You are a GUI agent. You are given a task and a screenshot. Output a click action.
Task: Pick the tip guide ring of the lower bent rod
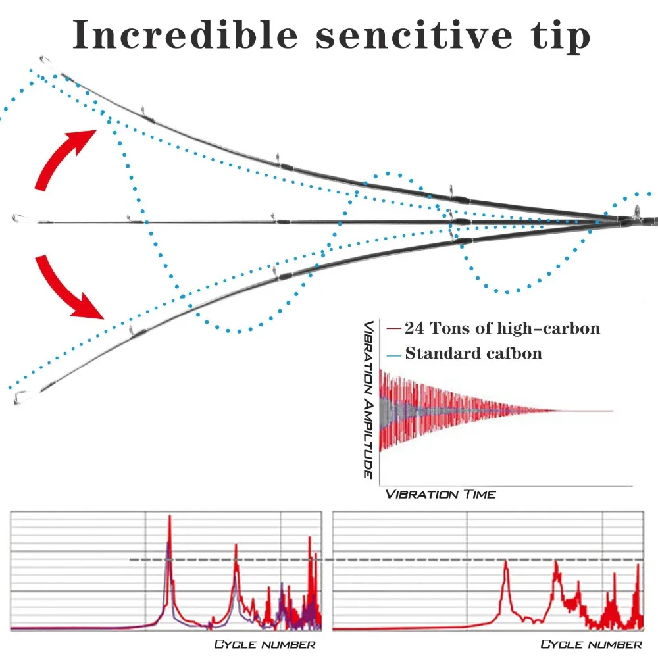[x=21, y=397]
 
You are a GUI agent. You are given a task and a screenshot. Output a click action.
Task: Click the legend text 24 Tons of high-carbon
[x=502, y=328]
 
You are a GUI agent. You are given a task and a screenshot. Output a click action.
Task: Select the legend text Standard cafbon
[x=473, y=354]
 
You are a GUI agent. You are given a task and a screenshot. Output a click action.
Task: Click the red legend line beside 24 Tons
[x=394, y=328]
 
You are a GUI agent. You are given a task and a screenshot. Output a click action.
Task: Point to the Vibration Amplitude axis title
[x=370, y=399]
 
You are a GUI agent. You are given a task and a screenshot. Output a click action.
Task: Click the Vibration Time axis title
[x=440, y=493]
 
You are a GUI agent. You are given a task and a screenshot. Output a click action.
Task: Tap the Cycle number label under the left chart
[x=265, y=644]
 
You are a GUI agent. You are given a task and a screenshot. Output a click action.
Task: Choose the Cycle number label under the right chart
[x=591, y=644]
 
